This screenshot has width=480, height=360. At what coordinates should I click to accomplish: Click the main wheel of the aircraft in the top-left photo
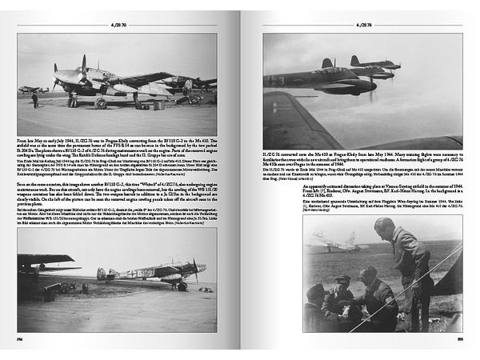coord(101,103)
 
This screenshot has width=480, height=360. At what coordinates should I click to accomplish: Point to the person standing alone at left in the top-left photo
coord(34,100)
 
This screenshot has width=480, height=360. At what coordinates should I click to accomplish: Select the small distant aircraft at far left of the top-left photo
coord(30,89)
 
